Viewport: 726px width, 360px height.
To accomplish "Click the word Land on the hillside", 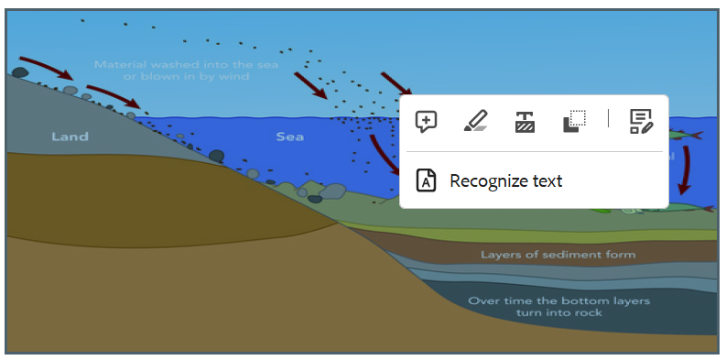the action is tap(70, 136).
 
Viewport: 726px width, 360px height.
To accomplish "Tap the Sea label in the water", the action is tap(290, 136).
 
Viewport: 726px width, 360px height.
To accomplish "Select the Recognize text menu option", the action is tap(505, 180).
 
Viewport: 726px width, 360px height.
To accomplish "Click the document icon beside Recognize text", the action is tap(426, 180).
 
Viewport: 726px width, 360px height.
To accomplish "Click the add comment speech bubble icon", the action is tap(426, 122).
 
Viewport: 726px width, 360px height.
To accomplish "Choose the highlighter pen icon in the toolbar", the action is tap(476, 121).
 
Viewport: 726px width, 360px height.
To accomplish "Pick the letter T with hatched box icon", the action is tap(526, 122).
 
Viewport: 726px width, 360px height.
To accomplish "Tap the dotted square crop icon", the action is tap(575, 122).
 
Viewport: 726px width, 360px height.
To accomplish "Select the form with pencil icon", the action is tap(642, 122).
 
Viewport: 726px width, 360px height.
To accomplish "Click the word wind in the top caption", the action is tap(235, 76).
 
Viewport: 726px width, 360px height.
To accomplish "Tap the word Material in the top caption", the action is tap(119, 64).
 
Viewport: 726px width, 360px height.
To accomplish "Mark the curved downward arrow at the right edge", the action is tap(686, 170).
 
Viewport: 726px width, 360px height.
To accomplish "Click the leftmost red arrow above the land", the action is tap(47, 67).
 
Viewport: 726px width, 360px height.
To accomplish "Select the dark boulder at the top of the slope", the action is tap(20, 72).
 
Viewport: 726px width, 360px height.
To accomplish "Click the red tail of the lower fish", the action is tap(709, 209).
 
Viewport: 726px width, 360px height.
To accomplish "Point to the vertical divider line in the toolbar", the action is tap(608, 118).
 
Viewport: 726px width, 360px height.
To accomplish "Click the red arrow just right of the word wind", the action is tap(311, 86).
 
